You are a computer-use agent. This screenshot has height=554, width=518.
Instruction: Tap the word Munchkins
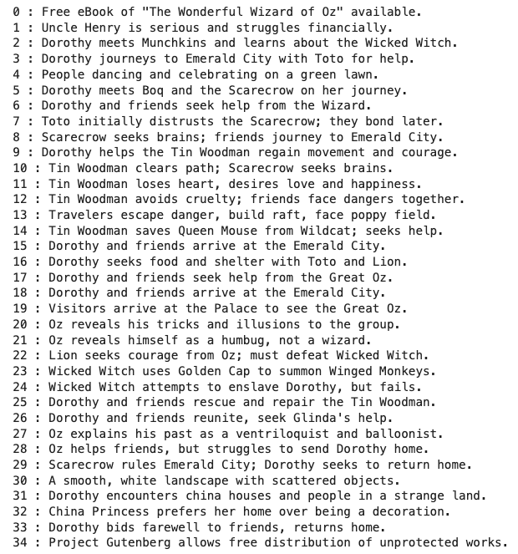[177, 43]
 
